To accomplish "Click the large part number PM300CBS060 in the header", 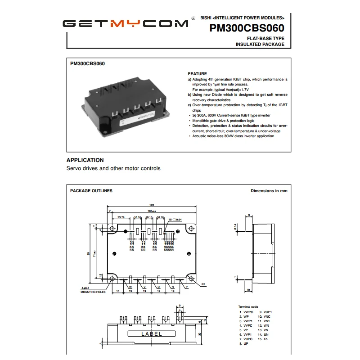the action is (x=247, y=28).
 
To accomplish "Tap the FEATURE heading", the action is (x=197, y=74).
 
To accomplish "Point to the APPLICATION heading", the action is (x=85, y=160).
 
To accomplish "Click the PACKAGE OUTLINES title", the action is (x=91, y=191).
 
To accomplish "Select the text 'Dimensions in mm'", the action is (x=269, y=191).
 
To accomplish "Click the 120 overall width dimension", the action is (x=152, y=205).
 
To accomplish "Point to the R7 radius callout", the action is (x=203, y=284).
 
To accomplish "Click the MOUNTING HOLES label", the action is (x=93, y=292).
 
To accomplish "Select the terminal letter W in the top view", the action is (x=130, y=287).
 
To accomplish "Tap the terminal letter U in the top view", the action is (x=158, y=287).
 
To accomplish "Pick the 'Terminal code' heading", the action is (x=248, y=306).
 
